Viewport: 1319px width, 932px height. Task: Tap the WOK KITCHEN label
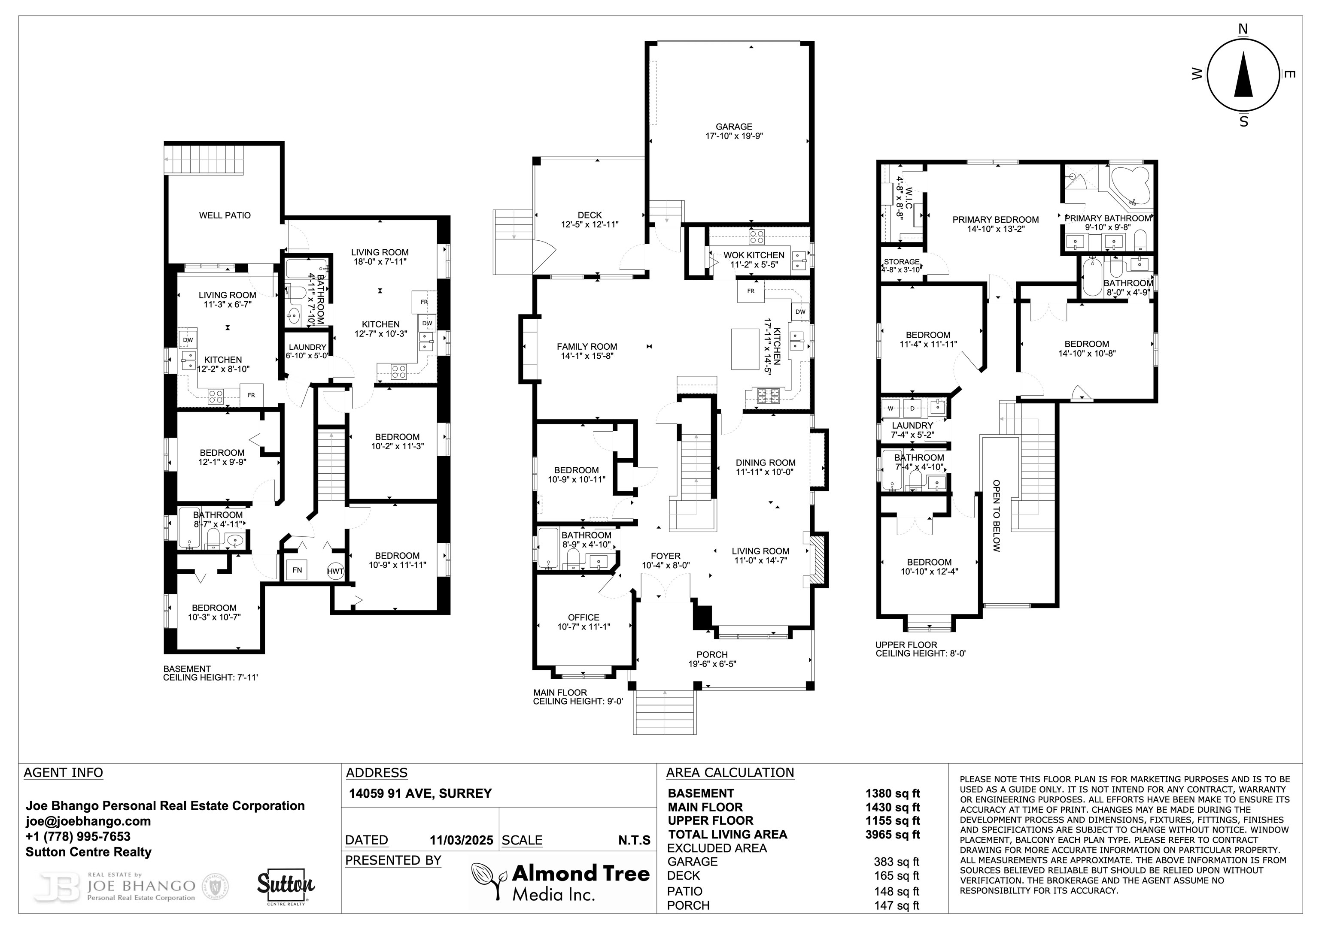(x=754, y=255)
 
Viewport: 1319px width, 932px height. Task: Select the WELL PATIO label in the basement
(x=225, y=215)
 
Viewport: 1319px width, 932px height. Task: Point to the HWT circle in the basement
(x=335, y=571)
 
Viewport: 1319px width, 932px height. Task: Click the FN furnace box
(x=297, y=570)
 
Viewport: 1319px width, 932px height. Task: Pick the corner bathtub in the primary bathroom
(x=1130, y=185)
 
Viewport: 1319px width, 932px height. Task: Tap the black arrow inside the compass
(x=1244, y=82)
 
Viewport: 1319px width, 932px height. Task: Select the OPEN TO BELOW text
(x=996, y=516)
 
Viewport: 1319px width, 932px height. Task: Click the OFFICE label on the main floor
(x=584, y=617)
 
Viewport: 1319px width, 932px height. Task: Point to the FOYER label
(x=666, y=556)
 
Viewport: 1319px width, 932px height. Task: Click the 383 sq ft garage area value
(x=897, y=862)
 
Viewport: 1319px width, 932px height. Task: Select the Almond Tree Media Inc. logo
(x=561, y=881)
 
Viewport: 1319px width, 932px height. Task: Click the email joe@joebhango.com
(x=88, y=821)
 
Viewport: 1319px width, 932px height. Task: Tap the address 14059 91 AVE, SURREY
(x=420, y=793)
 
